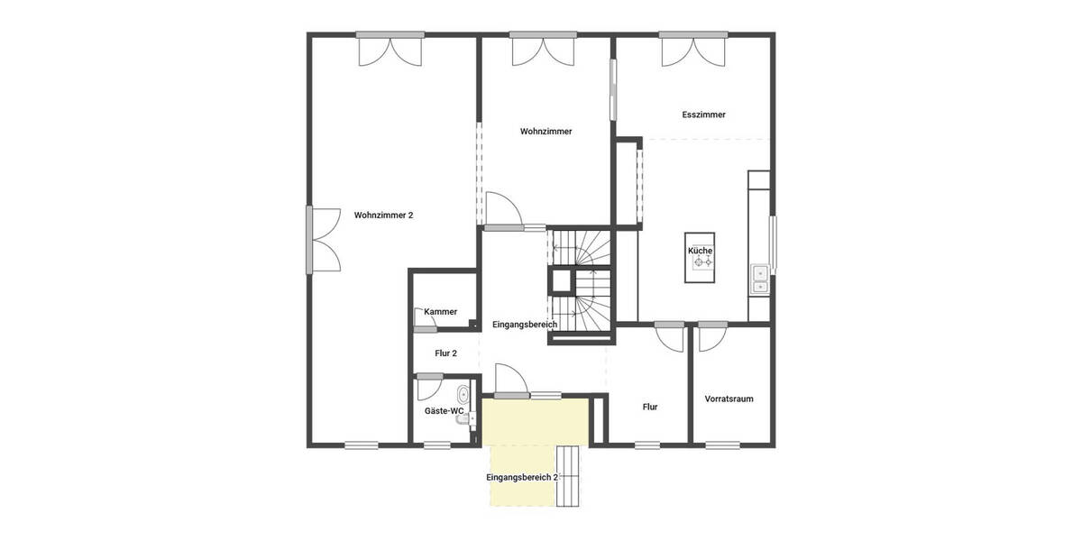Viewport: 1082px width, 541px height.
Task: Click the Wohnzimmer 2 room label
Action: [383, 215]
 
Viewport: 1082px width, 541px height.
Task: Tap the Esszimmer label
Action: [703, 115]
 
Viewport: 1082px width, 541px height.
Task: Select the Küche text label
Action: [701, 250]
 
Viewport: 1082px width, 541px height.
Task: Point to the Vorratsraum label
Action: [729, 399]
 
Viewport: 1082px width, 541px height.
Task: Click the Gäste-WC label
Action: [444, 411]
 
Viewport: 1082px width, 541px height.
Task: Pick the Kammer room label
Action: [440, 312]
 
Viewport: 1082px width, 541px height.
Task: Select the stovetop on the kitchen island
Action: [701, 263]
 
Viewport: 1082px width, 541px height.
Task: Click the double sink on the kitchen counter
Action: [759, 280]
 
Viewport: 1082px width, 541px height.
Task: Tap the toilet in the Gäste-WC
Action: [463, 394]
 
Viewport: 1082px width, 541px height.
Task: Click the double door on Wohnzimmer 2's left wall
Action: [321, 239]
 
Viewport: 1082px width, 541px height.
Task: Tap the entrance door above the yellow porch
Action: [506, 379]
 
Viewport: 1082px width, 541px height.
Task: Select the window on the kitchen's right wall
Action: [772, 241]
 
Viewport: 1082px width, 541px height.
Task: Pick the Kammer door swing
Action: [421, 316]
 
